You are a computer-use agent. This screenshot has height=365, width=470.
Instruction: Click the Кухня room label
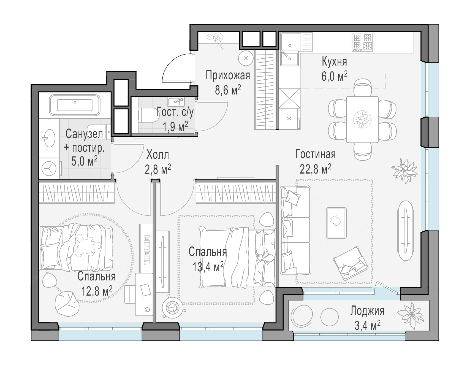(334, 62)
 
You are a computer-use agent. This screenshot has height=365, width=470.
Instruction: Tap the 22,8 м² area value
(315, 169)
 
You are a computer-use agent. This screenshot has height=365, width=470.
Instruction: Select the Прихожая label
(228, 75)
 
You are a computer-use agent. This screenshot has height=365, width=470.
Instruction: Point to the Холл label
(158, 155)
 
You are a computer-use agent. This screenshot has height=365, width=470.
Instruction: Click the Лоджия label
(367, 311)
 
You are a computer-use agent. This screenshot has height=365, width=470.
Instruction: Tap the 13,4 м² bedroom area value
(208, 266)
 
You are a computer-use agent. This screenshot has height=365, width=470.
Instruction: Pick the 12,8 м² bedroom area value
(97, 290)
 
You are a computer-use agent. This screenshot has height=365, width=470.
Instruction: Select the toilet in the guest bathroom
(149, 115)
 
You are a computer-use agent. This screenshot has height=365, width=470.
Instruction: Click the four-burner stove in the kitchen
(362, 42)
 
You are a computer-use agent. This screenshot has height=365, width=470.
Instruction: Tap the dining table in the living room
(362, 120)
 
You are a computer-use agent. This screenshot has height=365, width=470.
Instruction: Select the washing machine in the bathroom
(49, 168)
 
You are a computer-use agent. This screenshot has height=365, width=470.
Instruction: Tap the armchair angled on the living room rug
(350, 263)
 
